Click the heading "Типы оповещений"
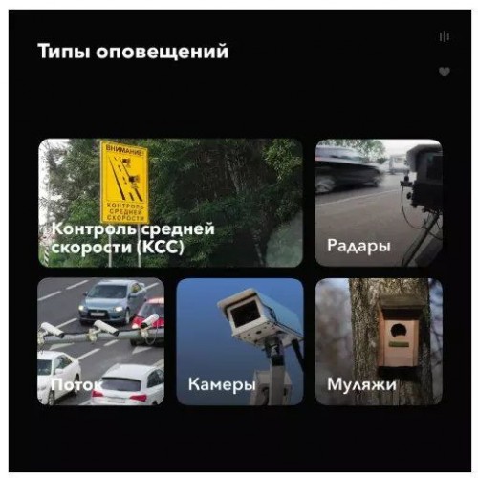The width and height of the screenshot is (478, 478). (x=133, y=52)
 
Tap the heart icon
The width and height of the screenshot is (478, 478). (x=445, y=72)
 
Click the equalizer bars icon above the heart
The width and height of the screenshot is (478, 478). (x=444, y=36)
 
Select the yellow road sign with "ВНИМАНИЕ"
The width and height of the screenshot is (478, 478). (x=124, y=182)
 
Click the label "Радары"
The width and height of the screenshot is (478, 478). (x=358, y=247)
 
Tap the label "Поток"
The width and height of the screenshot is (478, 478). (x=76, y=384)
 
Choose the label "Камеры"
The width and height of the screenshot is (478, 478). (x=222, y=384)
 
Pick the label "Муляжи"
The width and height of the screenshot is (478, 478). (x=361, y=384)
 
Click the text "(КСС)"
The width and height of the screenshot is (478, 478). (x=161, y=247)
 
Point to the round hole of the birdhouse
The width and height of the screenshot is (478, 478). (x=398, y=331)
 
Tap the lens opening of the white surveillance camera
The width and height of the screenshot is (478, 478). (x=245, y=314)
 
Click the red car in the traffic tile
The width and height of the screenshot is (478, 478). (x=149, y=322)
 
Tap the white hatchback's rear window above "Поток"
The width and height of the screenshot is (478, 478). (x=121, y=383)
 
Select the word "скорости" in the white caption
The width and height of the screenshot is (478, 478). (x=92, y=248)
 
